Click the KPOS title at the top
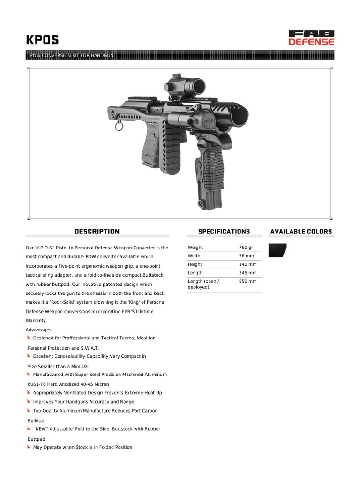[x=42, y=40]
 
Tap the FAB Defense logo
[x=311, y=37]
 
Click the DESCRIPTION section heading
[x=97, y=232]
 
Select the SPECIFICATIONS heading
[x=224, y=232]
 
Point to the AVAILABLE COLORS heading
[x=301, y=232]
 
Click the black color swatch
[x=277, y=250]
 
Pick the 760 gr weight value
[x=246, y=247]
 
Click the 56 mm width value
[x=246, y=256]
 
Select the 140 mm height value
[x=247, y=264]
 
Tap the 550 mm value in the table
[x=247, y=281]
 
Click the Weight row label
[x=195, y=247]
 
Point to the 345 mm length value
[x=247, y=273]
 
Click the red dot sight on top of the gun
[x=178, y=86]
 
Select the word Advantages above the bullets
[x=39, y=330]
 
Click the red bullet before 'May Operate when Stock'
[x=29, y=447]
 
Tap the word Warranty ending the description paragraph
[x=36, y=321]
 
